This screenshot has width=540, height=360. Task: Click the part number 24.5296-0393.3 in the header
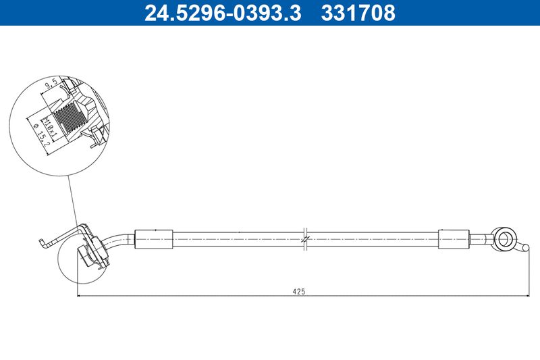click(x=223, y=12)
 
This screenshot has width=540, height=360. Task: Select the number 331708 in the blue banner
click(x=358, y=12)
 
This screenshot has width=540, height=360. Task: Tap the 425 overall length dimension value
click(x=299, y=292)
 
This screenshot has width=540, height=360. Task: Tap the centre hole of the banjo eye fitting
click(x=504, y=238)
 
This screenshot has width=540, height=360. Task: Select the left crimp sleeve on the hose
click(x=154, y=239)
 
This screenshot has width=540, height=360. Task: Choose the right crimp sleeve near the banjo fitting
click(x=454, y=239)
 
